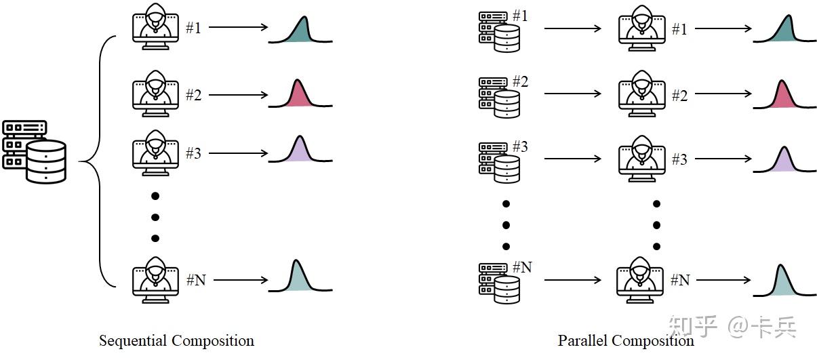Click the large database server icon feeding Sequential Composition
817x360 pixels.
[35, 152]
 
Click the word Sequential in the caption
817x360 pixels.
[133, 341]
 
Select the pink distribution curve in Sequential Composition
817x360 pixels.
[300, 94]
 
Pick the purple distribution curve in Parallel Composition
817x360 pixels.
[784, 159]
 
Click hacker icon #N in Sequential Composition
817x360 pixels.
[156, 280]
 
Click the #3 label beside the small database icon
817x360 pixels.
[520, 146]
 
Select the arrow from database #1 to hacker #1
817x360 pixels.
[573, 28]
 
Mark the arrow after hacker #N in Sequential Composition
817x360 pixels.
[241, 280]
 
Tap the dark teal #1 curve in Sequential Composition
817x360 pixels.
[300, 30]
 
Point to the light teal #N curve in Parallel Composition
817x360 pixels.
[784, 281]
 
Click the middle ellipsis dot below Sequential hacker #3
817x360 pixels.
[155, 218]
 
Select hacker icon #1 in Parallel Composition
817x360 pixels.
[642, 28]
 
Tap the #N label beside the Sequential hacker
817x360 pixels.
[196, 280]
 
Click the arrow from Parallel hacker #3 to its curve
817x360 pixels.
[723, 159]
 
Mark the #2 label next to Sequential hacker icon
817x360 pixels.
[194, 95]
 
